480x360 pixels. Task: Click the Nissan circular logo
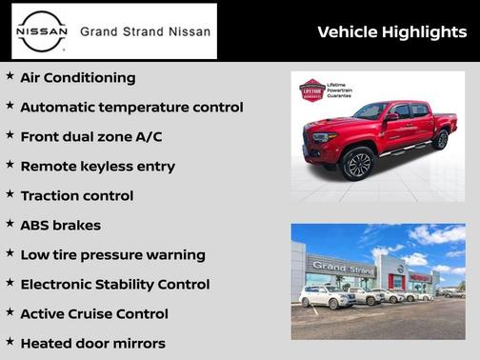43,31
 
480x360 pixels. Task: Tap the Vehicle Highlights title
391,32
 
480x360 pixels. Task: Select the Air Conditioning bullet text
78,78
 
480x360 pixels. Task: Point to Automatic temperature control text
131,108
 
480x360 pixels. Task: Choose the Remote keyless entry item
97,167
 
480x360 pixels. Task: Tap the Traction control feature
76,196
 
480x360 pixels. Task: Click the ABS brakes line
60,226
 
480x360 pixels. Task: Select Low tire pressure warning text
112,255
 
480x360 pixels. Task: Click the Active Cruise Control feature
93,314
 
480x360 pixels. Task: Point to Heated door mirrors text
92,344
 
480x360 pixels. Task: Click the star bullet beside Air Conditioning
10,76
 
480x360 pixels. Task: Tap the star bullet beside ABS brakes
10,224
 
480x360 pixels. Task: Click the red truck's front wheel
358,164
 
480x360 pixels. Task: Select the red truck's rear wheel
440,140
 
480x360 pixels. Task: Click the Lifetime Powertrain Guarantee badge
311,90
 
